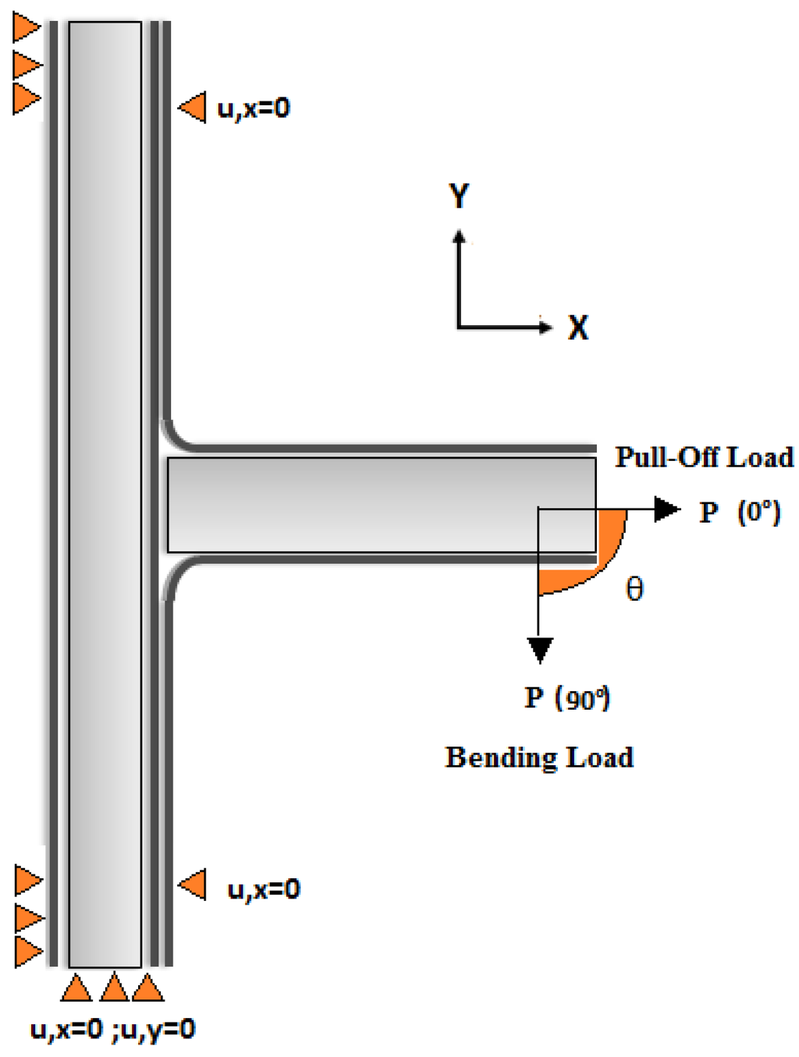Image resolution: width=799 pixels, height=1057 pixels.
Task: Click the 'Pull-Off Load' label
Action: tap(704, 457)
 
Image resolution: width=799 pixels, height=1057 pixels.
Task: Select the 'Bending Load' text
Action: tap(539, 757)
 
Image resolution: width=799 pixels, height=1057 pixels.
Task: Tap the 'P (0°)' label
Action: tap(739, 512)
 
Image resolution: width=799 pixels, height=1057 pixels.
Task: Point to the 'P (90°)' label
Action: tap(567, 697)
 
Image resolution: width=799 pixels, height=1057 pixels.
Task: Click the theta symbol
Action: tap(635, 588)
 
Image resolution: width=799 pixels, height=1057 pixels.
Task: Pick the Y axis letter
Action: tap(460, 195)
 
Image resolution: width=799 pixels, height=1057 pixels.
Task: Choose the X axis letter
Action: tap(578, 328)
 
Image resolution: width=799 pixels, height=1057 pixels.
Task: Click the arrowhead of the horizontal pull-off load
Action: tap(667, 509)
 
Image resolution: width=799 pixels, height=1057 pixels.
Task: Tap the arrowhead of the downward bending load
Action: tap(540, 650)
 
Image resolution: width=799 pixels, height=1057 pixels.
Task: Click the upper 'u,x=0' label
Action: tap(254, 108)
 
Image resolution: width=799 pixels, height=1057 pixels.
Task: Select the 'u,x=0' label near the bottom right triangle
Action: tap(264, 889)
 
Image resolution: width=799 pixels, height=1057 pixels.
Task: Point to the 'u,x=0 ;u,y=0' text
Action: tap(112, 1030)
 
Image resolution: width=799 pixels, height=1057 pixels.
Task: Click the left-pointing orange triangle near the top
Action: tap(193, 107)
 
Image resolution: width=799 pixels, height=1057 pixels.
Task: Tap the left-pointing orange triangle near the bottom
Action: tap(193, 885)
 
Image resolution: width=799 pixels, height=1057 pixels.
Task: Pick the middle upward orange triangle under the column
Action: tap(114, 988)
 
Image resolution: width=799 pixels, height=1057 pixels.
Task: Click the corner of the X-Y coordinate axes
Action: tap(460, 326)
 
